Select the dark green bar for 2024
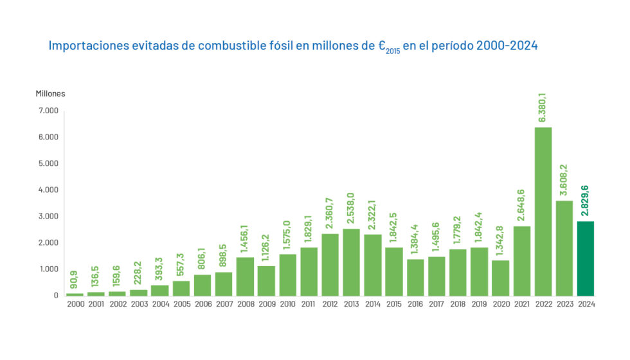tap(585, 258)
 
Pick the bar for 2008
tap(245, 276)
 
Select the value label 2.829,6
tap(586, 201)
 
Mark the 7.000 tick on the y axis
tap(48, 111)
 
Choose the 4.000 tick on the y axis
tap(48, 190)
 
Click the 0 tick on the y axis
tap(56, 296)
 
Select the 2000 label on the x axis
tap(75, 304)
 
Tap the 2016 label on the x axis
tap(415, 304)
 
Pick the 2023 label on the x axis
tap(564, 304)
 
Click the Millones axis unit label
tap(50, 94)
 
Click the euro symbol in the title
tap(382, 46)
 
